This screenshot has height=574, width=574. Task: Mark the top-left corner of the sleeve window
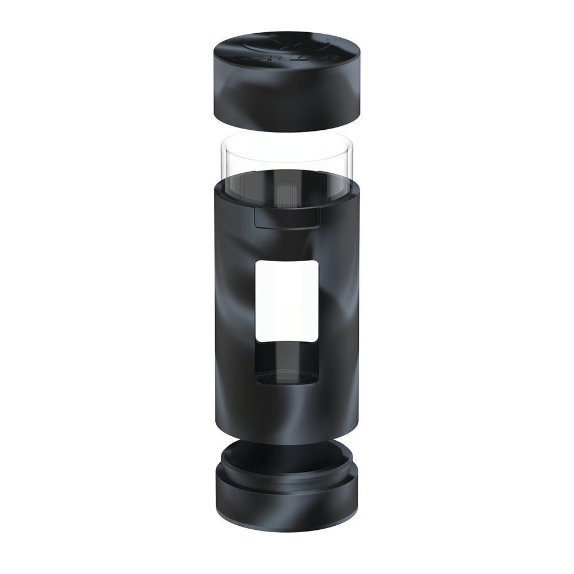(x=257, y=261)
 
